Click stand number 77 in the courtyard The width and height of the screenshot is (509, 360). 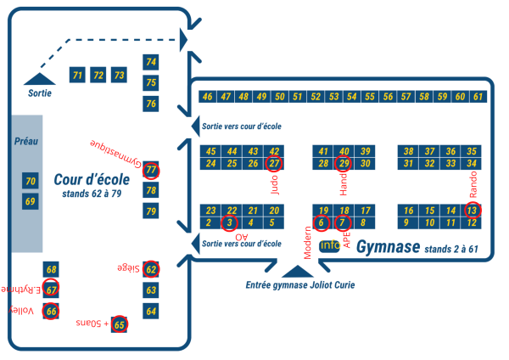151,170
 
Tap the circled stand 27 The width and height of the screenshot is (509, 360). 274,163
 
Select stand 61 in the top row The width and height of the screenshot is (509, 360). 478,97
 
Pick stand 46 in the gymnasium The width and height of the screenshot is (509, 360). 208,97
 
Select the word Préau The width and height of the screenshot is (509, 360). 25,141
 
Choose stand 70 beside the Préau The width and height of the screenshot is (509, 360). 31,181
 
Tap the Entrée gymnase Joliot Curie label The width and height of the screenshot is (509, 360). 299,285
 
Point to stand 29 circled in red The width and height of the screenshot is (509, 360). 344,163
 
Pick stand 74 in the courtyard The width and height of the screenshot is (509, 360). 151,62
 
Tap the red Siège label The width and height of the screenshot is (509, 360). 127,268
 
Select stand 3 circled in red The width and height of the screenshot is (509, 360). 230,223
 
